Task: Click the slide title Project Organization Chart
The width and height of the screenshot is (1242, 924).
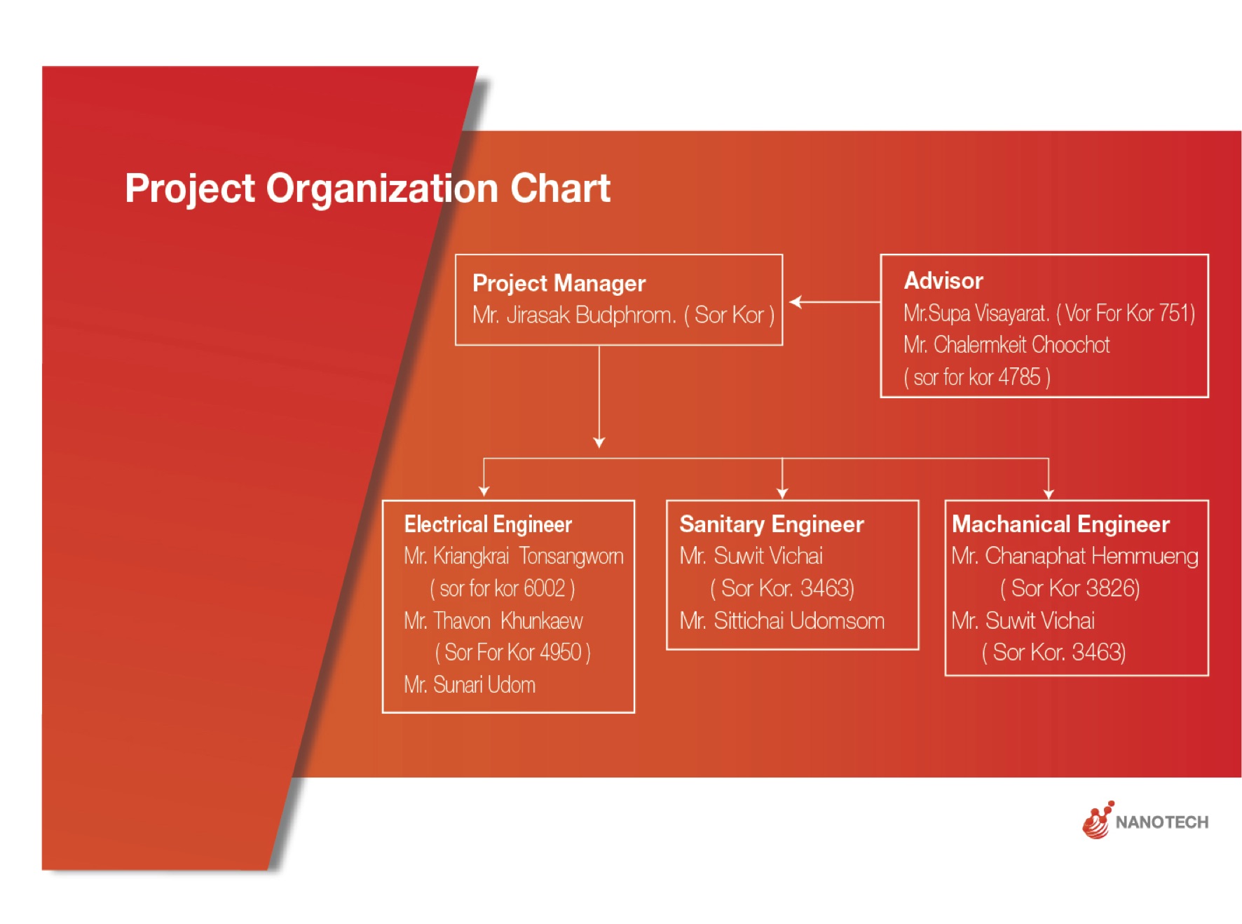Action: pyautogui.click(x=367, y=189)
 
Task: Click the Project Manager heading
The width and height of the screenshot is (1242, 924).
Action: pyautogui.click(x=559, y=283)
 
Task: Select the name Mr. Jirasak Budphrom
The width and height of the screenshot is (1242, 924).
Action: pyautogui.click(x=574, y=315)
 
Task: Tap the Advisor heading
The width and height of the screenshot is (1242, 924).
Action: pyautogui.click(x=943, y=280)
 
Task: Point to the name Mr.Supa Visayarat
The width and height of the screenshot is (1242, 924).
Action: pyautogui.click(x=976, y=313)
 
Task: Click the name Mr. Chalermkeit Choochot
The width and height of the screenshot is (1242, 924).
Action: pyautogui.click(x=1006, y=345)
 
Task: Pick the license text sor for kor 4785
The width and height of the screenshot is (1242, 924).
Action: pyautogui.click(x=977, y=377)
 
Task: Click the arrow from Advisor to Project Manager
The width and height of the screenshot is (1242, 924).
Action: pyautogui.click(x=835, y=302)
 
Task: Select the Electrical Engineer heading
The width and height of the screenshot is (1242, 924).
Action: pyautogui.click(x=488, y=524)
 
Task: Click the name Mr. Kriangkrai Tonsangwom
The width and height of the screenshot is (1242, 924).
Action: pyautogui.click(x=514, y=556)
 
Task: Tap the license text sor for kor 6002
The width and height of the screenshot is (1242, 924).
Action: pyautogui.click(x=503, y=588)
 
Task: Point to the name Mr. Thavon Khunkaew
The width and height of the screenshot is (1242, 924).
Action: pyautogui.click(x=493, y=620)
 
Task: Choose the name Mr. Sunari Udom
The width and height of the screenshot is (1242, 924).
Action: pyautogui.click(x=470, y=684)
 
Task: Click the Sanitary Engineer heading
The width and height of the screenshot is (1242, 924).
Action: pyautogui.click(x=772, y=524)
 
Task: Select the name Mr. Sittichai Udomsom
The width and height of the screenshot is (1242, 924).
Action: pyautogui.click(x=782, y=620)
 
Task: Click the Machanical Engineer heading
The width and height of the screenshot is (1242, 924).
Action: pyautogui.click(x=1060, y=524)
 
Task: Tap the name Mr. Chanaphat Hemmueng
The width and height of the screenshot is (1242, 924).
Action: pyautogui.click(x=1074, y=556)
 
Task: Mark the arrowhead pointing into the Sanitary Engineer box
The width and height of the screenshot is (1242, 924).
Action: pyautogui.click(x=782, y=493)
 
